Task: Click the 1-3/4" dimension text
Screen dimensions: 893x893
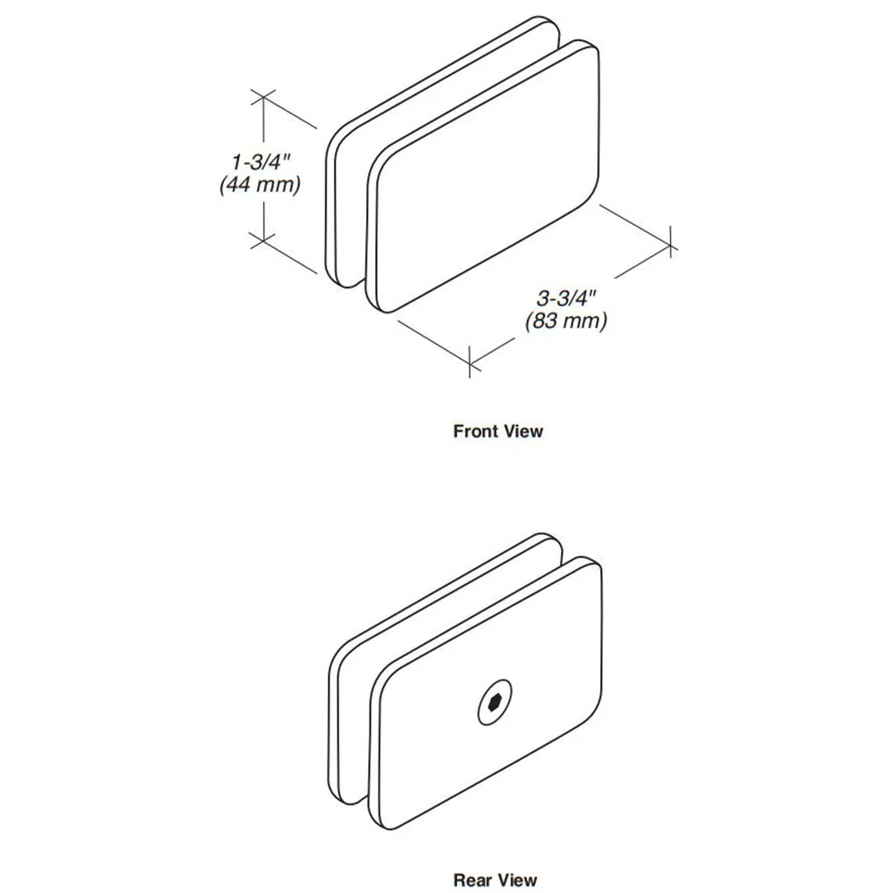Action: point(261,162)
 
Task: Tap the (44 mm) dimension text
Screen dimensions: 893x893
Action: point(260,185)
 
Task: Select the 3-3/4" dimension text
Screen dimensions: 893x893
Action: point(566,298)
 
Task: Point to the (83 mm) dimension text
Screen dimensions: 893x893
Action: point(566,321)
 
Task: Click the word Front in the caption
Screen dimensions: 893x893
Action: point(475,431)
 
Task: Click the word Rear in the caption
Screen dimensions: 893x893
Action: point(472,880)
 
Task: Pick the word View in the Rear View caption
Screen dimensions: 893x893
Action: point(515,880)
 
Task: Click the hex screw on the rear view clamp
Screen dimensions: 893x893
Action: point(494,702)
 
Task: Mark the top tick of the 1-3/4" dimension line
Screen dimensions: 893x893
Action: point(263,97)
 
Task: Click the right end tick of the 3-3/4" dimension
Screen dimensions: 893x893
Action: point(672,242)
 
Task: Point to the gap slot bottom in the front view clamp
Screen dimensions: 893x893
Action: point(357,283)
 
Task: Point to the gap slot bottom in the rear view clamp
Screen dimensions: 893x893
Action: point(359,800)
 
